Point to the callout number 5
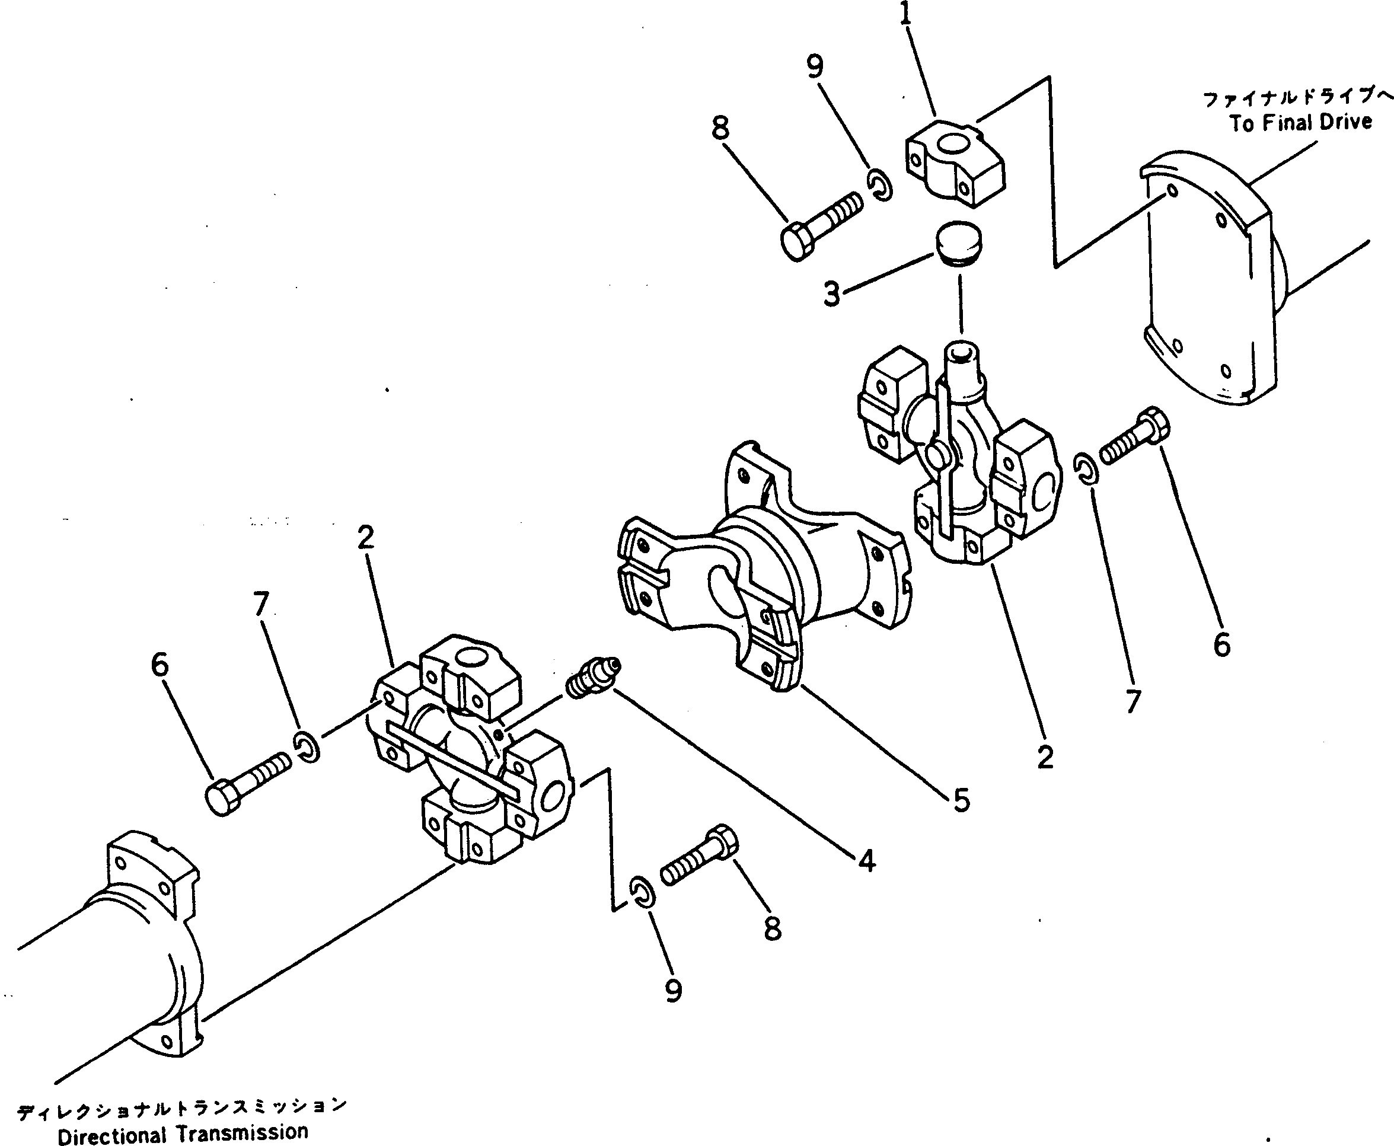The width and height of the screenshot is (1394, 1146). pos(962,800)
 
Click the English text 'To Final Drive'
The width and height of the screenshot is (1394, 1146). pos(1300,123)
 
